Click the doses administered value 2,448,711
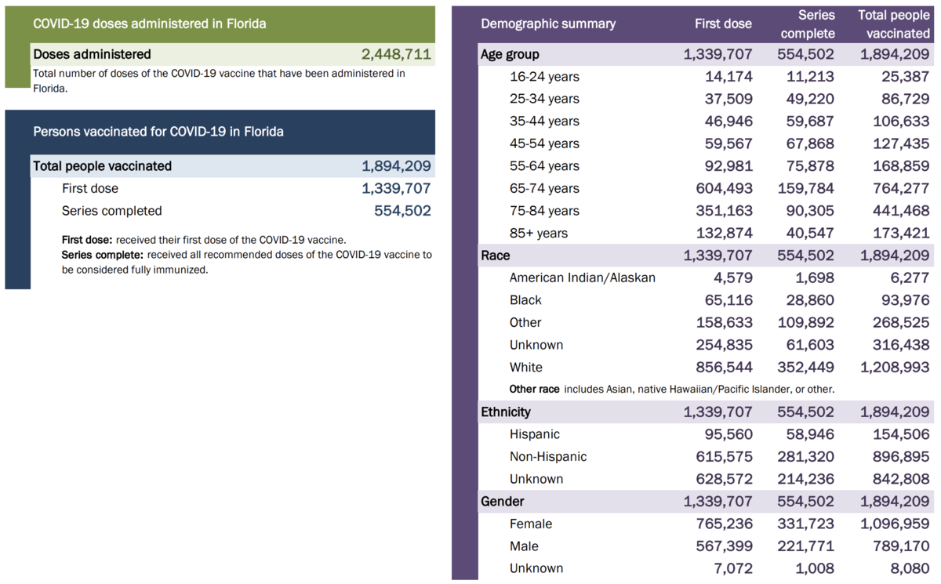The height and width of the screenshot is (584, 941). (396, 54)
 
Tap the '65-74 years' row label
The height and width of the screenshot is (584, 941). (544, 188)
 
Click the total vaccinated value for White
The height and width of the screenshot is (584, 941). (893, 367)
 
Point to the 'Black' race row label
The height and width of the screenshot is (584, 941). (525, 300)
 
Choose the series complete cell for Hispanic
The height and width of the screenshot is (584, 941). (805, 434)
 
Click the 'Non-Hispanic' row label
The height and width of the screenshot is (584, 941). (547, 456)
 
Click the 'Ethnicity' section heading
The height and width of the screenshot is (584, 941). (505, 412)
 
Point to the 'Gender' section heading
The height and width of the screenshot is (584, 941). (502, 501)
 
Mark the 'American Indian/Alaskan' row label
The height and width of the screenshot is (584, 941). (582, 277)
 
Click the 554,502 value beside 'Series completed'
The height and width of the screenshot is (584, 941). (402, 211)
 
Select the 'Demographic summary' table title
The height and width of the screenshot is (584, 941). (548, 24)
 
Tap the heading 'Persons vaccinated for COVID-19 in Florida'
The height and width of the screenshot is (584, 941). (158, 132)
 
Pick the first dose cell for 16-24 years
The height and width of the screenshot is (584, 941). (728, 77)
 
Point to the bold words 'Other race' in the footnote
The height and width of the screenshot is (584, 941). (534, 389)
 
